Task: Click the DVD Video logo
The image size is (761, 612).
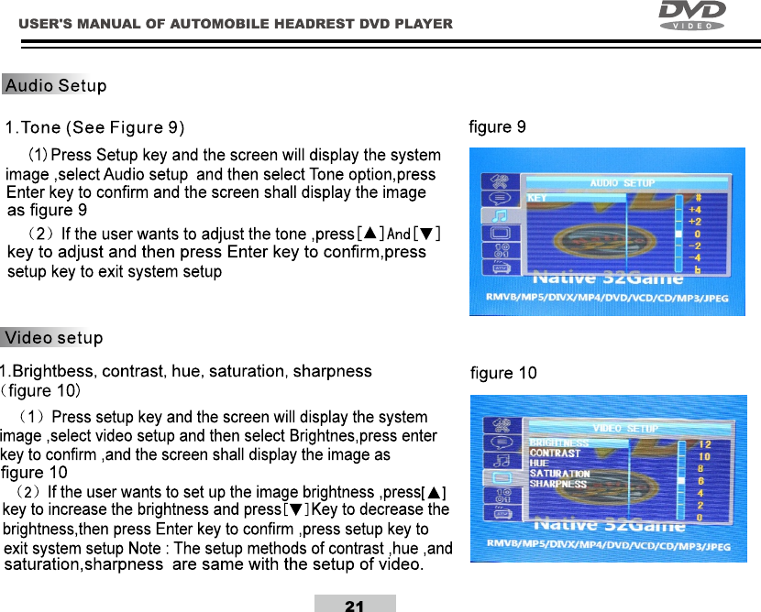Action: [x=692, y=16]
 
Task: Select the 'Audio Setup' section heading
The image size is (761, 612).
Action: [x=55, y=86]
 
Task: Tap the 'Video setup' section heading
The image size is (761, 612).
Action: [x=53, y=338]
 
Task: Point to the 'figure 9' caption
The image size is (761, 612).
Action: [x=497, y=126]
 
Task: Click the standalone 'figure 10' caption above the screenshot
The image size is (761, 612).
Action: [x=503, y=373]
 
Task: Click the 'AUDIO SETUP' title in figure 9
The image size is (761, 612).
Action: [x=622, y=183]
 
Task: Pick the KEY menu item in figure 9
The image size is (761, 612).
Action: [x=537, y=198]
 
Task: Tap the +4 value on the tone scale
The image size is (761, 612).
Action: [x=696, y=209]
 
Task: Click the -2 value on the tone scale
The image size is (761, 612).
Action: [x=696, y=246]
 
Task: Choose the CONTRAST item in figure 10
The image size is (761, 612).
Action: [x=555, y=453]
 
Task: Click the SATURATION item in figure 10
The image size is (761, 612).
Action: [x=559, y=474]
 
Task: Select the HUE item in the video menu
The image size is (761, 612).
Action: [x=539, y=464]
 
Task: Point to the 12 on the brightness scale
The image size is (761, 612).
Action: [x=704, y=444]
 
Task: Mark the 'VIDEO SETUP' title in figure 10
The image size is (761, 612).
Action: [x=625, y=429]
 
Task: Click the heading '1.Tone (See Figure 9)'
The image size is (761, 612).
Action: [x=95, y=126]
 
